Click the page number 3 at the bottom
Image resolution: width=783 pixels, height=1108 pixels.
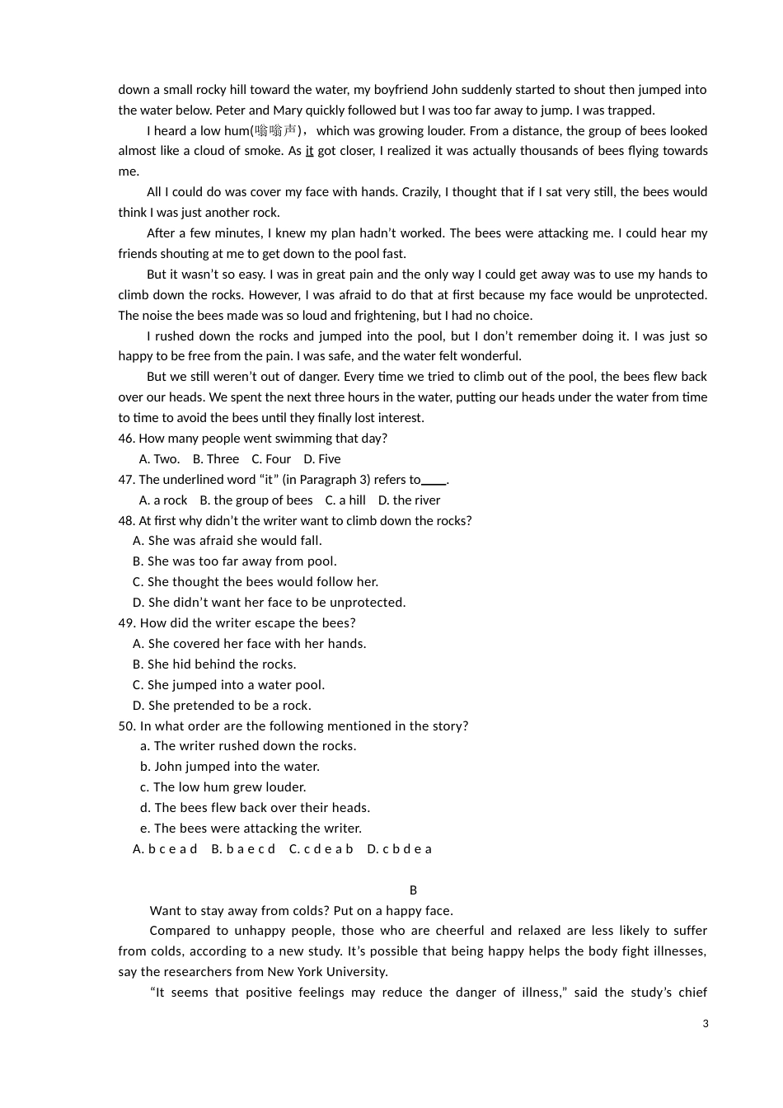point(706,1024)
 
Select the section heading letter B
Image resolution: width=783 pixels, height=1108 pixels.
point(413,890)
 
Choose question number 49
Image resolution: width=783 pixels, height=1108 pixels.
point(127,623)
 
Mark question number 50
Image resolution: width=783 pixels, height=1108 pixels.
point(127,726)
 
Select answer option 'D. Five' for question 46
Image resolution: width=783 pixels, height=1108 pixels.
point(321,459)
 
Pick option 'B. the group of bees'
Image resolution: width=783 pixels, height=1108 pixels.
point(256,500)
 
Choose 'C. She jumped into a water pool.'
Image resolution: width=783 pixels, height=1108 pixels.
point(228,685)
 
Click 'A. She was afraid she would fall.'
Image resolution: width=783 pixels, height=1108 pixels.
point(227,541)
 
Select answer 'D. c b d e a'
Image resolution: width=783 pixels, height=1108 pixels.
point(399,849)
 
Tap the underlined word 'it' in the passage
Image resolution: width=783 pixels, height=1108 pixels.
point(309,151)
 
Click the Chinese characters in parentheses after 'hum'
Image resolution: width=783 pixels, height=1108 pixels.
point(276,130)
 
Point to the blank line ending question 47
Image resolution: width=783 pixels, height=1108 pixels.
point(434,481)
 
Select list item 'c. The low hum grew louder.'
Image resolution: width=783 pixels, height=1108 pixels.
point(223,787)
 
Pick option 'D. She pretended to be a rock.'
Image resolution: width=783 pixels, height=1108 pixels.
point(222,706)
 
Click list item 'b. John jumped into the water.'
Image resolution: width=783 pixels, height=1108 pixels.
point(229,767)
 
